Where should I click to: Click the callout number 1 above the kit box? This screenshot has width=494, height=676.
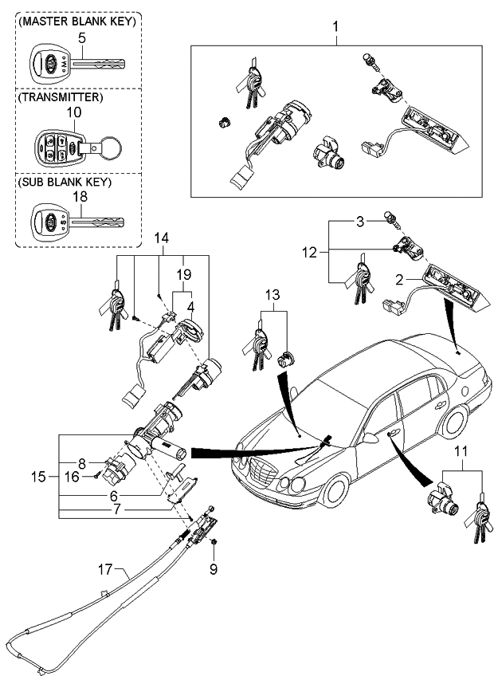[x=335, y=27]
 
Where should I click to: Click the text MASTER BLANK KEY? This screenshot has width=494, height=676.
[x=76, y=21]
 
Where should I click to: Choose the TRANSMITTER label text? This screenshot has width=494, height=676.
[x=61, y=97]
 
